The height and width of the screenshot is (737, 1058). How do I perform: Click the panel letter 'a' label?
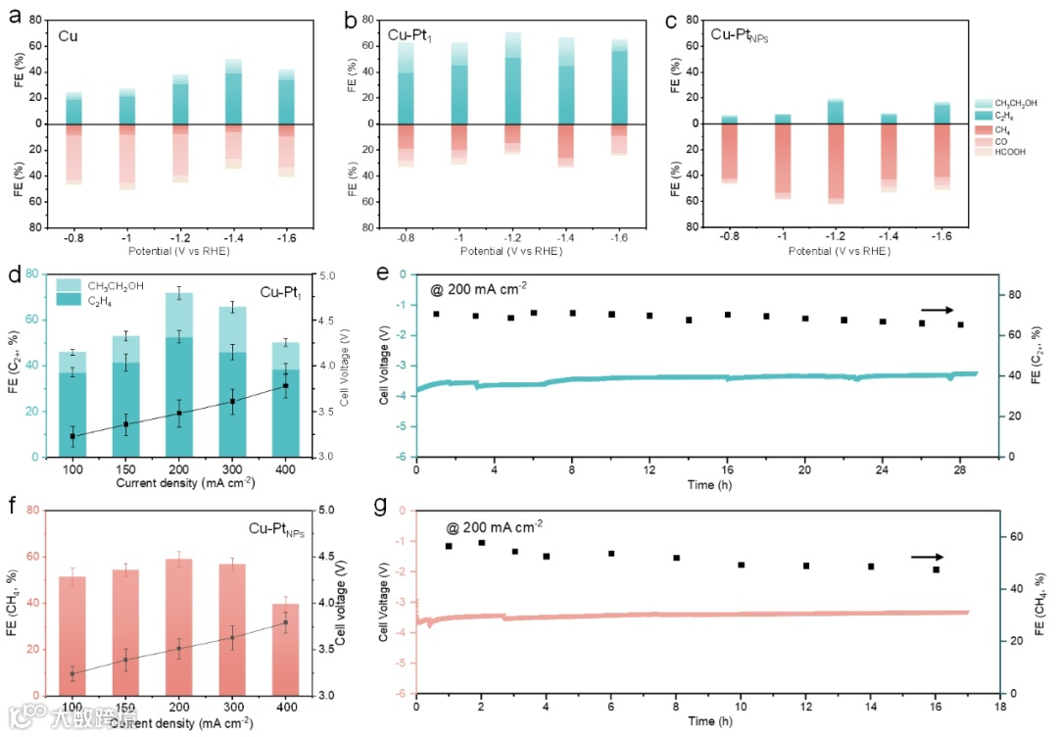14,16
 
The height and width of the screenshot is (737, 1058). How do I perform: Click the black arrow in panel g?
927,557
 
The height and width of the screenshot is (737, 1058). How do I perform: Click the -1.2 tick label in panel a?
180,238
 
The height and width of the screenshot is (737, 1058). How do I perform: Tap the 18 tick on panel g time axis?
998,706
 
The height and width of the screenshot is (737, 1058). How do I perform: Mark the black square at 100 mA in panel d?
72,436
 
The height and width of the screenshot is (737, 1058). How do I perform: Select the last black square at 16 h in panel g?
936,569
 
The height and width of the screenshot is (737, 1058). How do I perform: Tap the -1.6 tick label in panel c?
941,238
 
